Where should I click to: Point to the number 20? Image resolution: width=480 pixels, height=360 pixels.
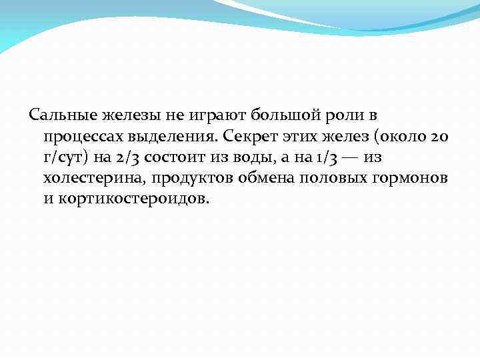coord(441,137)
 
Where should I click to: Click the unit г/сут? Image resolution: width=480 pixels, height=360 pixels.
coord(63,158)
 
